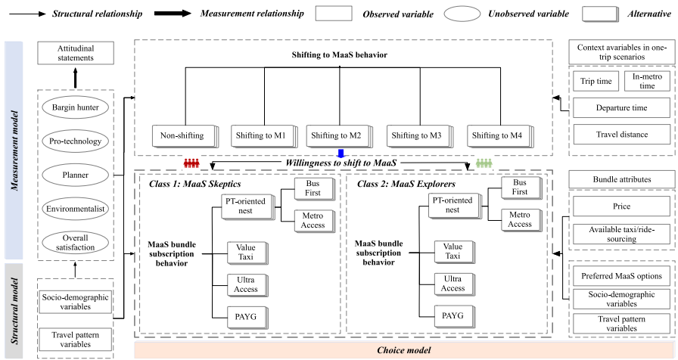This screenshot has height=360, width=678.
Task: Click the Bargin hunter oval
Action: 76,107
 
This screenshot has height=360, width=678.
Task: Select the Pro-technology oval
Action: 76,141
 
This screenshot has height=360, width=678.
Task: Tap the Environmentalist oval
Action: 76,207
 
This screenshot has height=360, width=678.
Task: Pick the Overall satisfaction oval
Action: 76,242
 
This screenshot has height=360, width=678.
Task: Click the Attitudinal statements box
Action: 76,53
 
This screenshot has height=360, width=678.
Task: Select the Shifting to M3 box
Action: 415,136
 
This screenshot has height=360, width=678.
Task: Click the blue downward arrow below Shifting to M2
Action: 341,154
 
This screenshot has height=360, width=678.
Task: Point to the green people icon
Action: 484,163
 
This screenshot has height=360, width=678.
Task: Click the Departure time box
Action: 621,108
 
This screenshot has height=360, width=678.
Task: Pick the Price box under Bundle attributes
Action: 621,205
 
